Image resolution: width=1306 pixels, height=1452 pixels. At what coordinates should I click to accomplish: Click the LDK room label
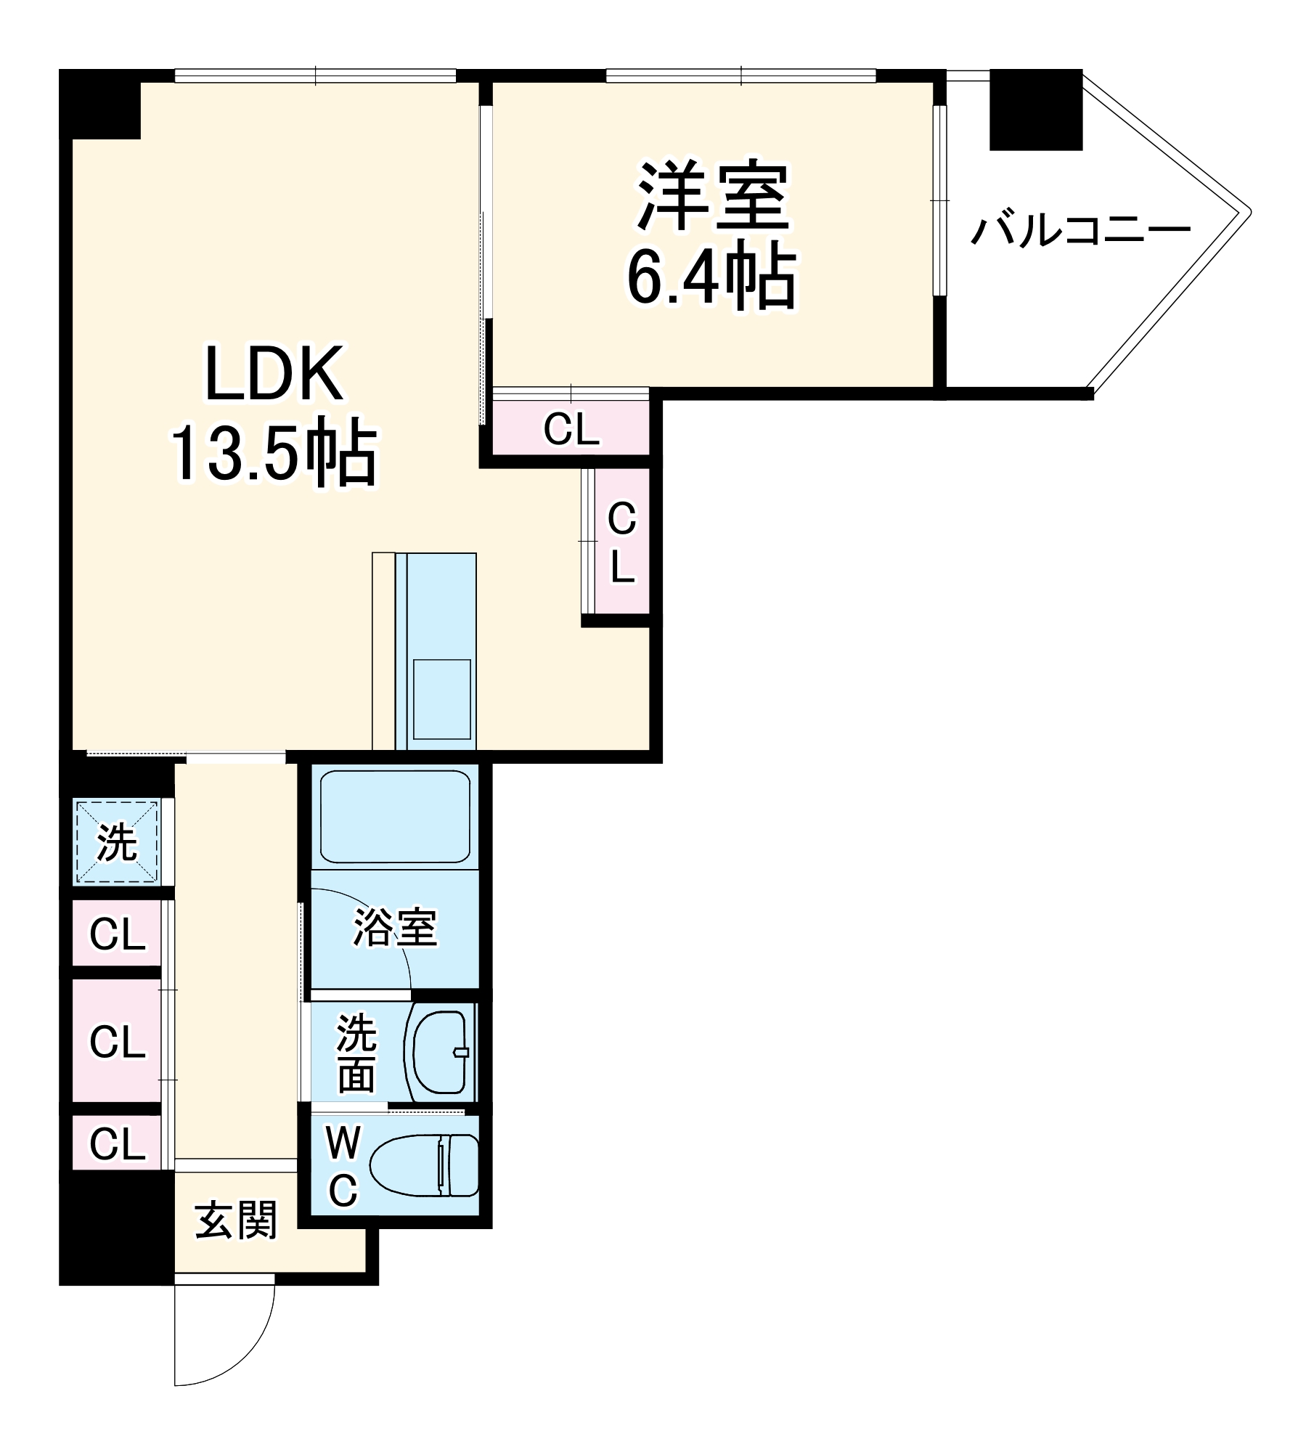[274, 373]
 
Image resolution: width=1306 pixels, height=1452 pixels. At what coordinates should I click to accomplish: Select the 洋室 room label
[713, 195]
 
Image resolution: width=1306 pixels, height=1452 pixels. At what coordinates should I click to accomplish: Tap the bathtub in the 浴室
[395, 817]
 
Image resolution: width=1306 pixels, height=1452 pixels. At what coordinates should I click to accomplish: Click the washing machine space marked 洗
[117, 842]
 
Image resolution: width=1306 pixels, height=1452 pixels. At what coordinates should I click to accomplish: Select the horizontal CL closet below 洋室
[571, 428]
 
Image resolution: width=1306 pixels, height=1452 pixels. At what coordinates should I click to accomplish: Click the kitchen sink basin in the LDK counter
[441, 699]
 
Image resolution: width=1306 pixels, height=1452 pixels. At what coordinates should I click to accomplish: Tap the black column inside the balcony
[1036, 110]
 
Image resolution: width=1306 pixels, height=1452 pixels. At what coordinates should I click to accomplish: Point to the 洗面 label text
[356, 1053]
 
